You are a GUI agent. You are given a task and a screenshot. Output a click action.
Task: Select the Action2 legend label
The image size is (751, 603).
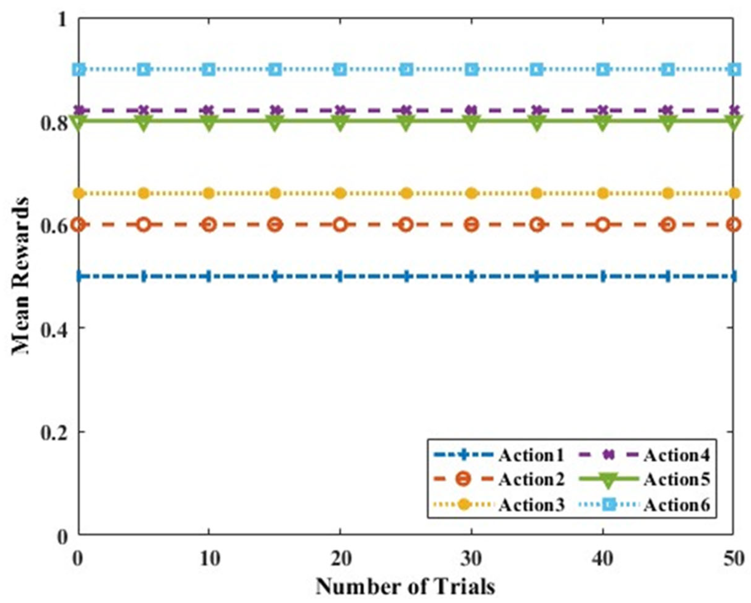531,480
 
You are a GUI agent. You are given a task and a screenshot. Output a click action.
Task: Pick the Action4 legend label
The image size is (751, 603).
676,455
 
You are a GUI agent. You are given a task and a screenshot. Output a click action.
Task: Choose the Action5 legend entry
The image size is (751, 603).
676,480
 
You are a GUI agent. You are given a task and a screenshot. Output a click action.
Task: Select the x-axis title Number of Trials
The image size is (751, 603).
405,586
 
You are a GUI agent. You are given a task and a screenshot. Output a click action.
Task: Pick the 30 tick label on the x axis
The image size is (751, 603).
471,559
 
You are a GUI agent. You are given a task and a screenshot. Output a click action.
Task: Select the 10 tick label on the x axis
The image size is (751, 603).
209,559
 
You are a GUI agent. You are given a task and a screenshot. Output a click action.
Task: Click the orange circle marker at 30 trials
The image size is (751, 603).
472,225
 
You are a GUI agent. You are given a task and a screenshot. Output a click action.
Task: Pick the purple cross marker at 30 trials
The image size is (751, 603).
472,110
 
